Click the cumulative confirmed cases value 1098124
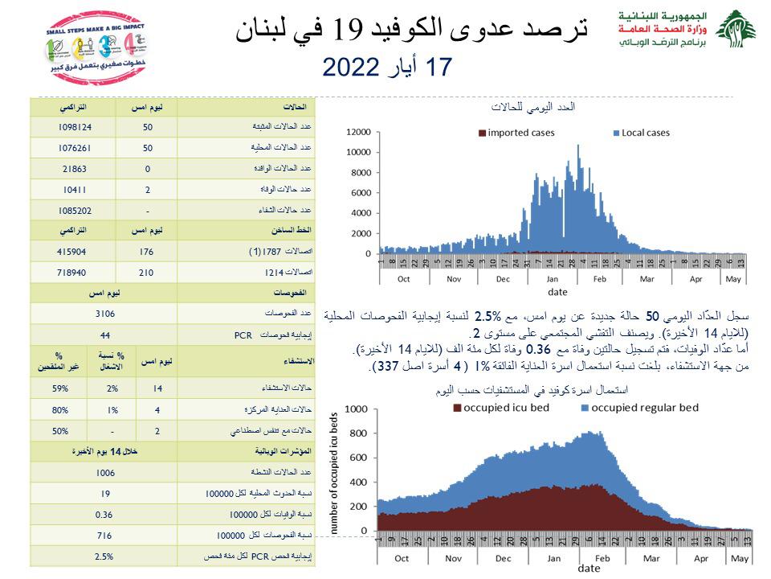[75, 128]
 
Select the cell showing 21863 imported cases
[75, 169]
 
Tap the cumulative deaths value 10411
[75, 190]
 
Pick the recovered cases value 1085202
[75, 210]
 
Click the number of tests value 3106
[105, 313]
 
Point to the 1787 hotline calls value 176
[146, 252]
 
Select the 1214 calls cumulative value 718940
[75, 273]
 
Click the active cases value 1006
[105, 473]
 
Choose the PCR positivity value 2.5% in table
[105, 556]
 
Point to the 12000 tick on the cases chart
[359, 132]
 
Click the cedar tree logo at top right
[736, 30]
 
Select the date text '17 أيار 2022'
[388, 67]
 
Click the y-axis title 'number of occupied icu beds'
[335, 474]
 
